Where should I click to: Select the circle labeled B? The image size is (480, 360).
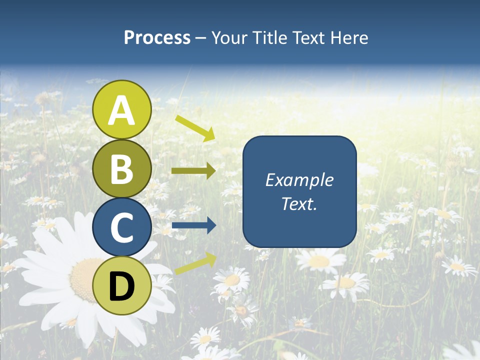point(122,169)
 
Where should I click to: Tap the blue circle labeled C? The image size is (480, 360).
point(122,227)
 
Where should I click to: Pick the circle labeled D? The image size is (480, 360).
point(122,286)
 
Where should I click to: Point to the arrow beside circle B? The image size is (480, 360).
point(193,171)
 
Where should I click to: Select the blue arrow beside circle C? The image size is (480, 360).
point(193,226)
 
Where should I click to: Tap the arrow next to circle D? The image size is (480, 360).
point(195,263)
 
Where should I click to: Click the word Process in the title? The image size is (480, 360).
point(157,38)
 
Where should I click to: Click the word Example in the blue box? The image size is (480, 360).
point(299,180)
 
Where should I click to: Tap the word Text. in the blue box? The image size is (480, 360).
point(299,204)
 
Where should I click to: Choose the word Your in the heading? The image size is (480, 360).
point(229,38)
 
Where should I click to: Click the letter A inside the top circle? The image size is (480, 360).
point(122,111)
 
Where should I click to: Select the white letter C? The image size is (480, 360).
point(122,228)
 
